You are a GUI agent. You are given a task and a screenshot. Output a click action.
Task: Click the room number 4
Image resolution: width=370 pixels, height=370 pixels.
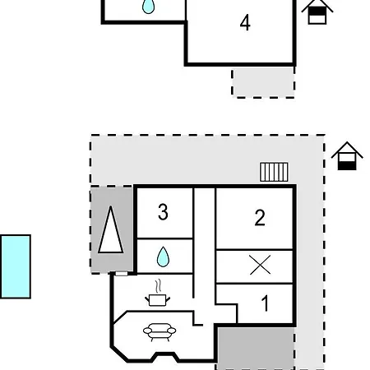coord(245,22)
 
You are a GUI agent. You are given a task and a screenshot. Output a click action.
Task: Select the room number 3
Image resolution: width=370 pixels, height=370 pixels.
coord(163,212)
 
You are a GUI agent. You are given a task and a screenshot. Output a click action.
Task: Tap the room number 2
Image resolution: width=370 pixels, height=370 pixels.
coord(260,218)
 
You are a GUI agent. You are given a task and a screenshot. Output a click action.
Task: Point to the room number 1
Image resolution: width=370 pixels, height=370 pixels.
coord(265,303)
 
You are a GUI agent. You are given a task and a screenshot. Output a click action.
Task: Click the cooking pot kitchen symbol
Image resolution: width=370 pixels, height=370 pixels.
coord(157,299)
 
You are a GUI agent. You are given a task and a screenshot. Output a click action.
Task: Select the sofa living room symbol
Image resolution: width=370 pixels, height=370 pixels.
coord(160,332)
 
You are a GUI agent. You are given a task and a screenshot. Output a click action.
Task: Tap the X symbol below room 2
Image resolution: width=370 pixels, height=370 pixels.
coord(260,265)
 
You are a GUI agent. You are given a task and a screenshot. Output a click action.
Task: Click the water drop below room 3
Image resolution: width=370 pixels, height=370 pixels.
coord(163,257)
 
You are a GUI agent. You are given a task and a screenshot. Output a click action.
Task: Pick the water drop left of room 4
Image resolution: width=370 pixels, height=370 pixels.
coord(149,6)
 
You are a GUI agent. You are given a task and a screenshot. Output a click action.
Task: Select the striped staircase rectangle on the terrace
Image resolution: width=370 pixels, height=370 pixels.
coord(274,172)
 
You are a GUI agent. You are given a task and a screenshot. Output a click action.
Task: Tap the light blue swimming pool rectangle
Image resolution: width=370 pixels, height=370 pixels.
coord(16,266)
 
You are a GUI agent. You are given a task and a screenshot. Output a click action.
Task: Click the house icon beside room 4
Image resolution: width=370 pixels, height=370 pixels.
coord(317,12)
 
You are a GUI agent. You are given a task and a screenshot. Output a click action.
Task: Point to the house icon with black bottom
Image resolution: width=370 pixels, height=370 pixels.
coord(347,156)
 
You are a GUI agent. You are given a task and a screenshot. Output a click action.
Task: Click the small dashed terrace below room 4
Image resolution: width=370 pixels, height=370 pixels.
coord(263,82)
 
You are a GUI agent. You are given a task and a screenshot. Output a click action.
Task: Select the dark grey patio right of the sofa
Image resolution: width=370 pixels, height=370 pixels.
coord(256,348)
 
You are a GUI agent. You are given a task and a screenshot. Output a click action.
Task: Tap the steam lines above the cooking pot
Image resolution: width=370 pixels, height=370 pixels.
coord(158,286)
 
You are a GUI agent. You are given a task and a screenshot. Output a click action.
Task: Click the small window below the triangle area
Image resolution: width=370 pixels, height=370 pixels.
coord(122,274)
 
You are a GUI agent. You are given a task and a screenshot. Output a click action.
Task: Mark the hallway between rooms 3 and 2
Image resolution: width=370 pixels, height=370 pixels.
coord(205,247)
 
